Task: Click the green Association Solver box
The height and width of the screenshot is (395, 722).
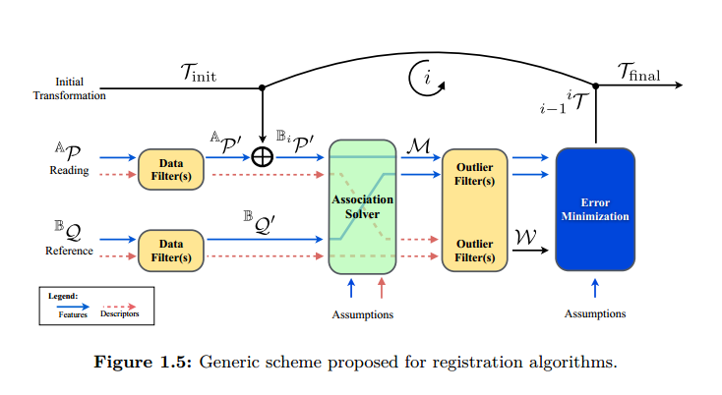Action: pos(362,206)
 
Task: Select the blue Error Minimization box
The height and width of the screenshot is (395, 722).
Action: pos(595,208)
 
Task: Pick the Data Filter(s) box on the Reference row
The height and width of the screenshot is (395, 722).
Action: pos(170,249)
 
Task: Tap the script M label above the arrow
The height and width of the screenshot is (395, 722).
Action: pos(416,145)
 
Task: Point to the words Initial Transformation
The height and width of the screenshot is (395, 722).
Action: pos(69,88)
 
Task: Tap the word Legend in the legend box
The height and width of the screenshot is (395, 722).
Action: pos(63,295)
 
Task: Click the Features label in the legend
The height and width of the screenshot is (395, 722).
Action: pos(72,315)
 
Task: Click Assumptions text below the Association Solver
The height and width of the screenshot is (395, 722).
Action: pos(363,314)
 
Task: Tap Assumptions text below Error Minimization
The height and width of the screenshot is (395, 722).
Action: pos(595,313)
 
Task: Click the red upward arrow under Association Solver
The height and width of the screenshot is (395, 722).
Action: pos(382,287)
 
